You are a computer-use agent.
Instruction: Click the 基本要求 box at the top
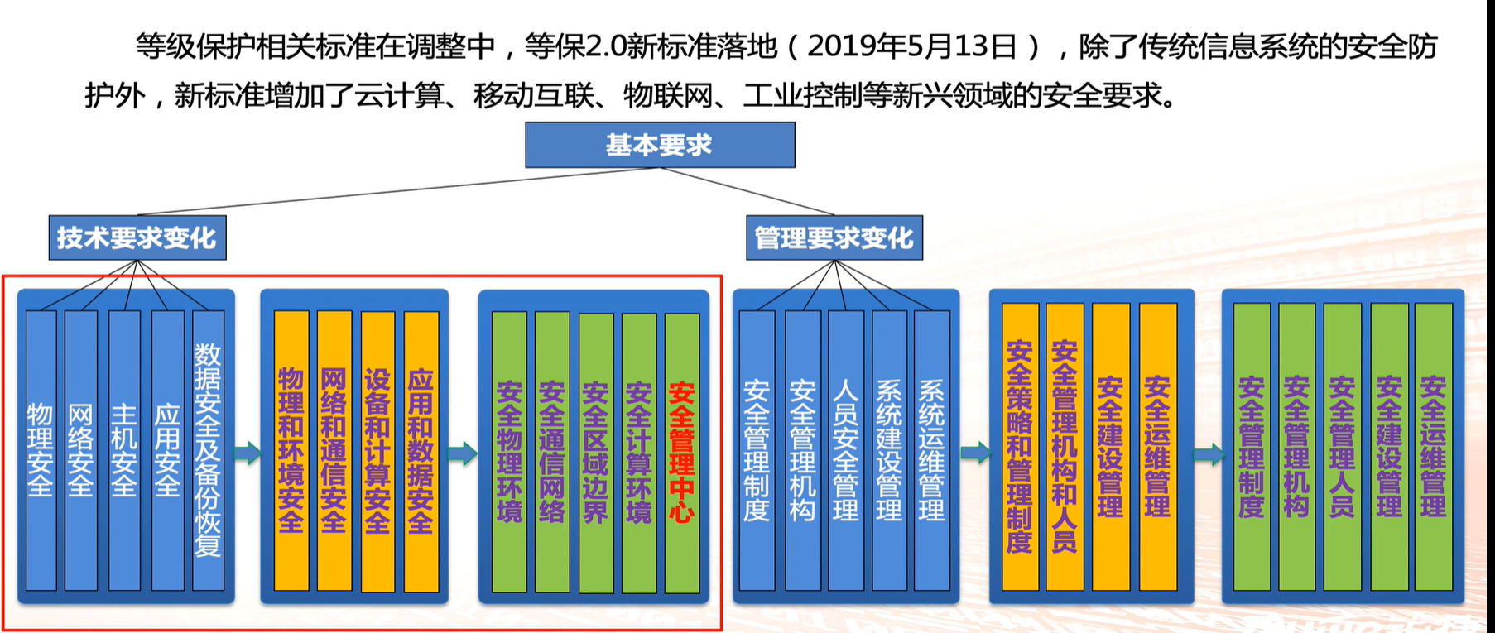pos(660,145)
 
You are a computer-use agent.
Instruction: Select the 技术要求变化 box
pos(137,238)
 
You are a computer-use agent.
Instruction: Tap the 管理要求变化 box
pos(834,238)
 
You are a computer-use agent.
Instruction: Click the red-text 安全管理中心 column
pos(682,452)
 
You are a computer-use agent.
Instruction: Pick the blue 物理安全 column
pos(41,450)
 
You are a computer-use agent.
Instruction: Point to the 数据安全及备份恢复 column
pos(208,450)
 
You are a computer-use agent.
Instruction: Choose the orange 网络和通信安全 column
pos(334,450)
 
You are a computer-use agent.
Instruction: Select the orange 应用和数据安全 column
pos(421,450)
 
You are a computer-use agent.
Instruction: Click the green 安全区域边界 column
pos(596,452)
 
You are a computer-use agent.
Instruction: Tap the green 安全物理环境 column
pos(509,452)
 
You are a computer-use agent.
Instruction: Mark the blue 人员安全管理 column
pos(845,450)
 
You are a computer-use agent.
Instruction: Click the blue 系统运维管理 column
pos(931,450)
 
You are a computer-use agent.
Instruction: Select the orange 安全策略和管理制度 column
pos(1020,447)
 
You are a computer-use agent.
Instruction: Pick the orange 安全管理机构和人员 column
pos(1065,447)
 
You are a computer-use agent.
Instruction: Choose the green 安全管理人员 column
pos(1341,447)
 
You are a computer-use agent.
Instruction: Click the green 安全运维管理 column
pos(1433,447)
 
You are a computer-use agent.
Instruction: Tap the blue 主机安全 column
pos(123,450)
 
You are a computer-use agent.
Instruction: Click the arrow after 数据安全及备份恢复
pos(247,453)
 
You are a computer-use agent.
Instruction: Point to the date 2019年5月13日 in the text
pos(911,46)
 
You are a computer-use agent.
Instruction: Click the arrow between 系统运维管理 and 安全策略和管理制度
pos(974,453)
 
